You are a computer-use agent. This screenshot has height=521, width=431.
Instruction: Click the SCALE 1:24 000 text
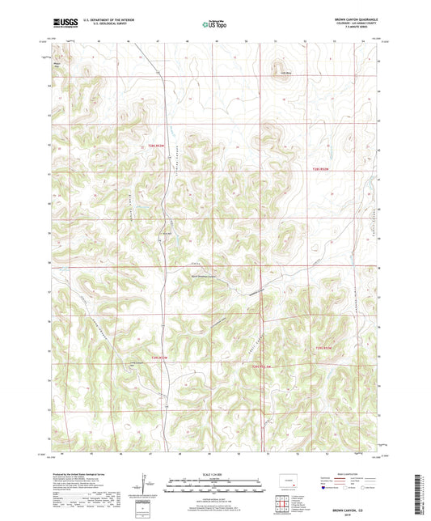[215, 473]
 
